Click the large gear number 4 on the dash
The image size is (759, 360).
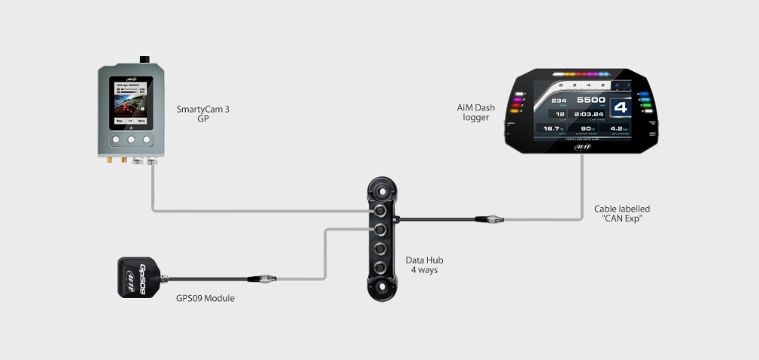tap(621, 107)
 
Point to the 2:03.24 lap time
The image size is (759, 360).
tap(590, 114)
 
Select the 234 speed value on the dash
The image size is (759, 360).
tap(559, 100)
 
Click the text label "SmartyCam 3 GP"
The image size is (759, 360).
tap(203, 113)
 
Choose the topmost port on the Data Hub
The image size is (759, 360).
tap(383, 210)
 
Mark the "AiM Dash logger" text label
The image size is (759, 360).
tap(476, 113)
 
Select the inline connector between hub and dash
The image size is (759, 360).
tap(486, 220)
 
